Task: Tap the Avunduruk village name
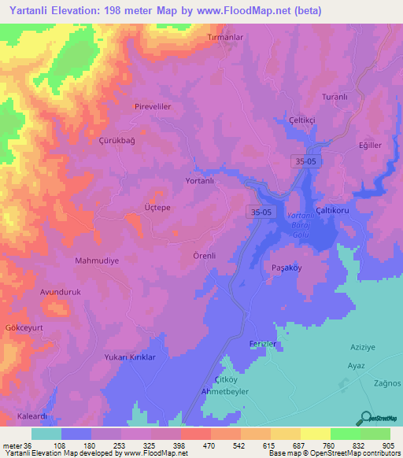(x=61, y=291)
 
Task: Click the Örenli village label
(x=204, y=255)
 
